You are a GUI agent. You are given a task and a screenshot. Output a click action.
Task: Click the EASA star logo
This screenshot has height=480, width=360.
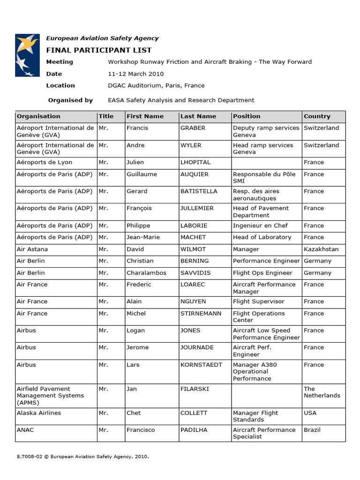pos(27,55)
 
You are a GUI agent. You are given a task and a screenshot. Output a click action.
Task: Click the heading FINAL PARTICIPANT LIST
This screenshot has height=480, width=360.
pos(98,50)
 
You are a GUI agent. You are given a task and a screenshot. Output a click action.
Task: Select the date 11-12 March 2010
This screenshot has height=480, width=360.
pos(135,74)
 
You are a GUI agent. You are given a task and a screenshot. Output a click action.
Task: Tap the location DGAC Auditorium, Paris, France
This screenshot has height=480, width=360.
pos(156,85)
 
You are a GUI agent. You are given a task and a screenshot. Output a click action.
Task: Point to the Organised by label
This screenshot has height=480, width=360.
pos(70,100)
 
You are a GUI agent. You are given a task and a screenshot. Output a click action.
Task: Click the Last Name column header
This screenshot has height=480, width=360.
pos(198,116)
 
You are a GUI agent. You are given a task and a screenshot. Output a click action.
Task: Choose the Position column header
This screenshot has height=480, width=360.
pos(247,116)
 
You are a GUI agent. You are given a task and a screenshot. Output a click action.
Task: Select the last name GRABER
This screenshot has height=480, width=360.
pos(193,128)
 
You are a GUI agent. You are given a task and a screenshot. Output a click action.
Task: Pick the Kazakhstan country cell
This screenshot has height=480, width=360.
pos(321,249)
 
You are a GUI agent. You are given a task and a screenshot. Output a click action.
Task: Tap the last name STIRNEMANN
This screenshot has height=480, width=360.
pos(201,314)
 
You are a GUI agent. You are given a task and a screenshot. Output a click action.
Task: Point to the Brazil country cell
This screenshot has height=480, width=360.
pos(312,430)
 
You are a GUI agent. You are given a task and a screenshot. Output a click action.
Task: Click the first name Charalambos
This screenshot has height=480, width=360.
pos(146,273)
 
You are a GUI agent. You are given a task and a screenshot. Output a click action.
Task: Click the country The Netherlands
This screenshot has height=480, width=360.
pos(322,392)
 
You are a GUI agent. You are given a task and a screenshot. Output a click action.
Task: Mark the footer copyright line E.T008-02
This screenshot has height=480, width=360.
pos(82,456)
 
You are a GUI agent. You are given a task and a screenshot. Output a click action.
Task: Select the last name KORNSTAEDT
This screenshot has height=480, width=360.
pos(201,365)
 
